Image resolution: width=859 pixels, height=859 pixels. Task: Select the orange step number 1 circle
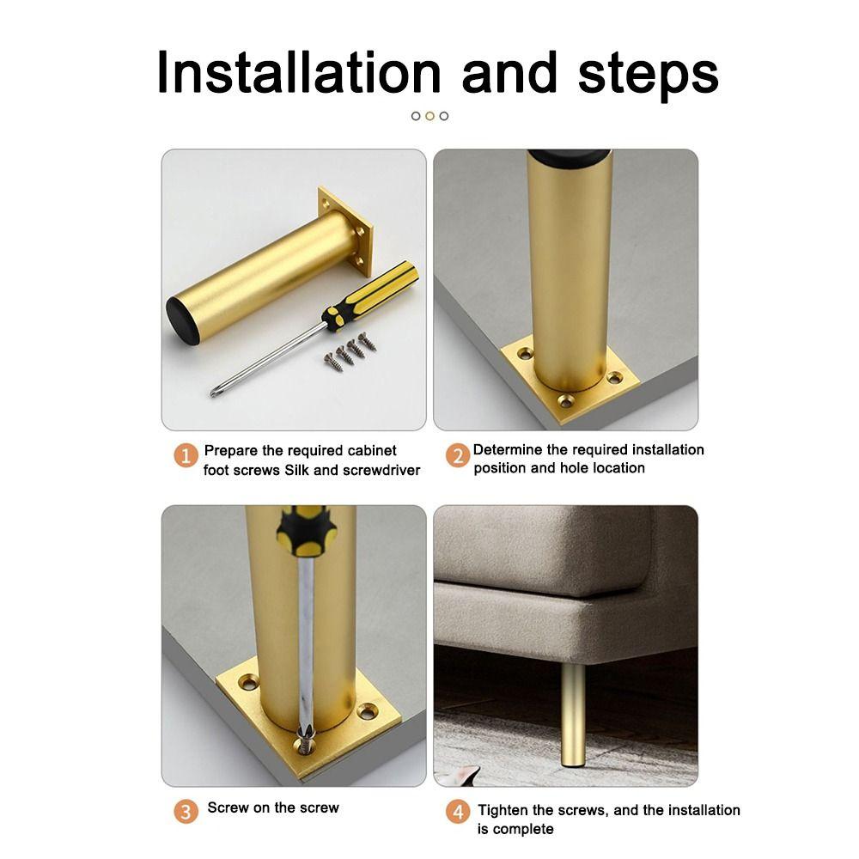click(x=186, y=455)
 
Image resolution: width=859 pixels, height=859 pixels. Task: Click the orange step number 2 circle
click(x=459, y=455)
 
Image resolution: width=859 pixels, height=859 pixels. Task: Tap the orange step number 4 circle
click(x=459, y=812)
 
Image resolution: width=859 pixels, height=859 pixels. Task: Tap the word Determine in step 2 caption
click(x=508, y=449)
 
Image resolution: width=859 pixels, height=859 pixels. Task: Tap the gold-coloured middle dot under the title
click(x=429, y=116)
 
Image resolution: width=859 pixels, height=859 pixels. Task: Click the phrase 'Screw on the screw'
click(x=273, y=807)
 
